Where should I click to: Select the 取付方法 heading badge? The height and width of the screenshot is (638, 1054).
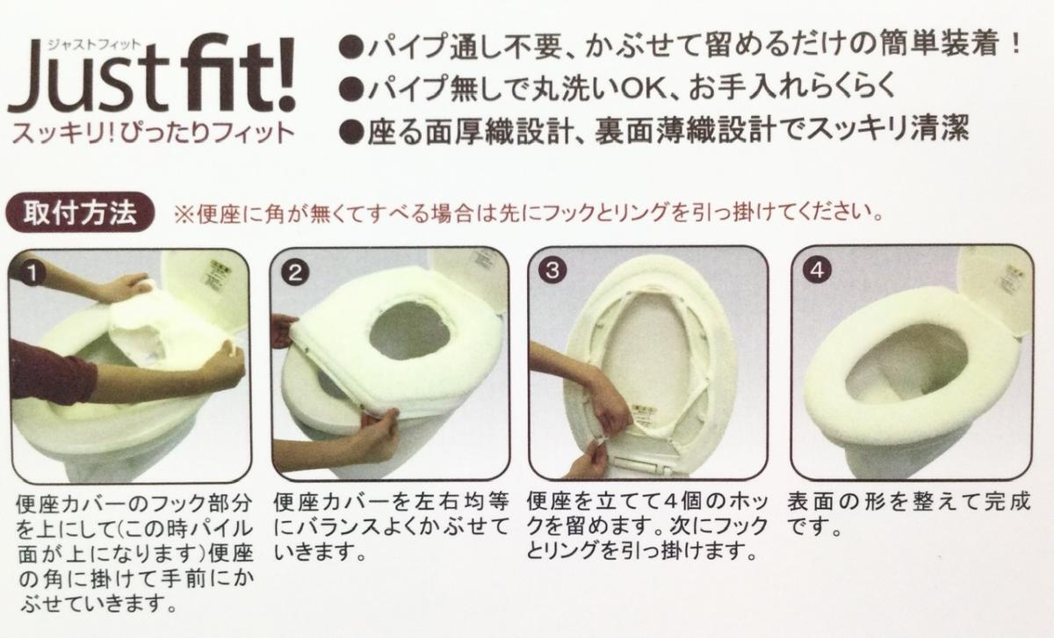[80, 213]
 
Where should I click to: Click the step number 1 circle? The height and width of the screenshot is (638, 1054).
[32, 273]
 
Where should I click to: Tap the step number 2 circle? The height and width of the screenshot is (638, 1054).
[295, 272]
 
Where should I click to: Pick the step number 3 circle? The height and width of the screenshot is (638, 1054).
[552, 271]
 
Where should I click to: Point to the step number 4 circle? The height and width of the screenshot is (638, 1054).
[818, 270]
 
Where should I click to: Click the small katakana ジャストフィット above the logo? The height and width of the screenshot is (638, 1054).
[93, 45]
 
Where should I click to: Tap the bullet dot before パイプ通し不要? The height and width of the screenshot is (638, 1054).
[351, 48]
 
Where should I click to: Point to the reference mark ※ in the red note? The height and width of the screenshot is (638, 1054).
[182, 214]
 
